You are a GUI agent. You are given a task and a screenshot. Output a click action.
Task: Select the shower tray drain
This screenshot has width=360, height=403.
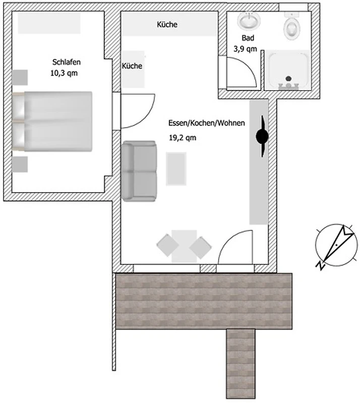tap(288, 79)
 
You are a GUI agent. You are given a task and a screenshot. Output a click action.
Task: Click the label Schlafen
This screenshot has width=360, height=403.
tap(67, 62)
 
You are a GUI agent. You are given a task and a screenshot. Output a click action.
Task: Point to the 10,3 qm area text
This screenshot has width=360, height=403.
tap(64, 73)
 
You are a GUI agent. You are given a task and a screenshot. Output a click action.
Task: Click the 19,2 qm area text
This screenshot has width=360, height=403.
tap(183, 138)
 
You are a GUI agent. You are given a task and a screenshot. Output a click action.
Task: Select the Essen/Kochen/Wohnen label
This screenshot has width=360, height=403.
tap(206, 123)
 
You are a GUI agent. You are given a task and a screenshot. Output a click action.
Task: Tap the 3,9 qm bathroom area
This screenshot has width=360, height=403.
tap(245, 49)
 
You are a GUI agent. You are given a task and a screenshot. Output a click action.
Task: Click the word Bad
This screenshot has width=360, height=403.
tap(248, 38)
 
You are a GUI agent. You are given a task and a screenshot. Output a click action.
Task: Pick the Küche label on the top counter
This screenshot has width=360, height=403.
tap(167, 24)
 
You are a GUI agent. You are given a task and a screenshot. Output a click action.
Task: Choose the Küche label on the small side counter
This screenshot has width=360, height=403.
tap(132, 66)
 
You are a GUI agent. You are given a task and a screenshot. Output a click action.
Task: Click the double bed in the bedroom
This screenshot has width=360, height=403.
tap(52, 121)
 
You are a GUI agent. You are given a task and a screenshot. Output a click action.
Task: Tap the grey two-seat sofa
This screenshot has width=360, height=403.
tap(139, 171)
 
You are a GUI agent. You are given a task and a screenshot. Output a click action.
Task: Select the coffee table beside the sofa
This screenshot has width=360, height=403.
tap(176, 169)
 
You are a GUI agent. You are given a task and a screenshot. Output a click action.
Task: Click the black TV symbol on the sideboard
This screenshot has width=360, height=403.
tap(262, 136)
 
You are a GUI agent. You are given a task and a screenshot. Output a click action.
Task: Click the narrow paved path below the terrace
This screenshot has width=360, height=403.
tap(241, 363)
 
